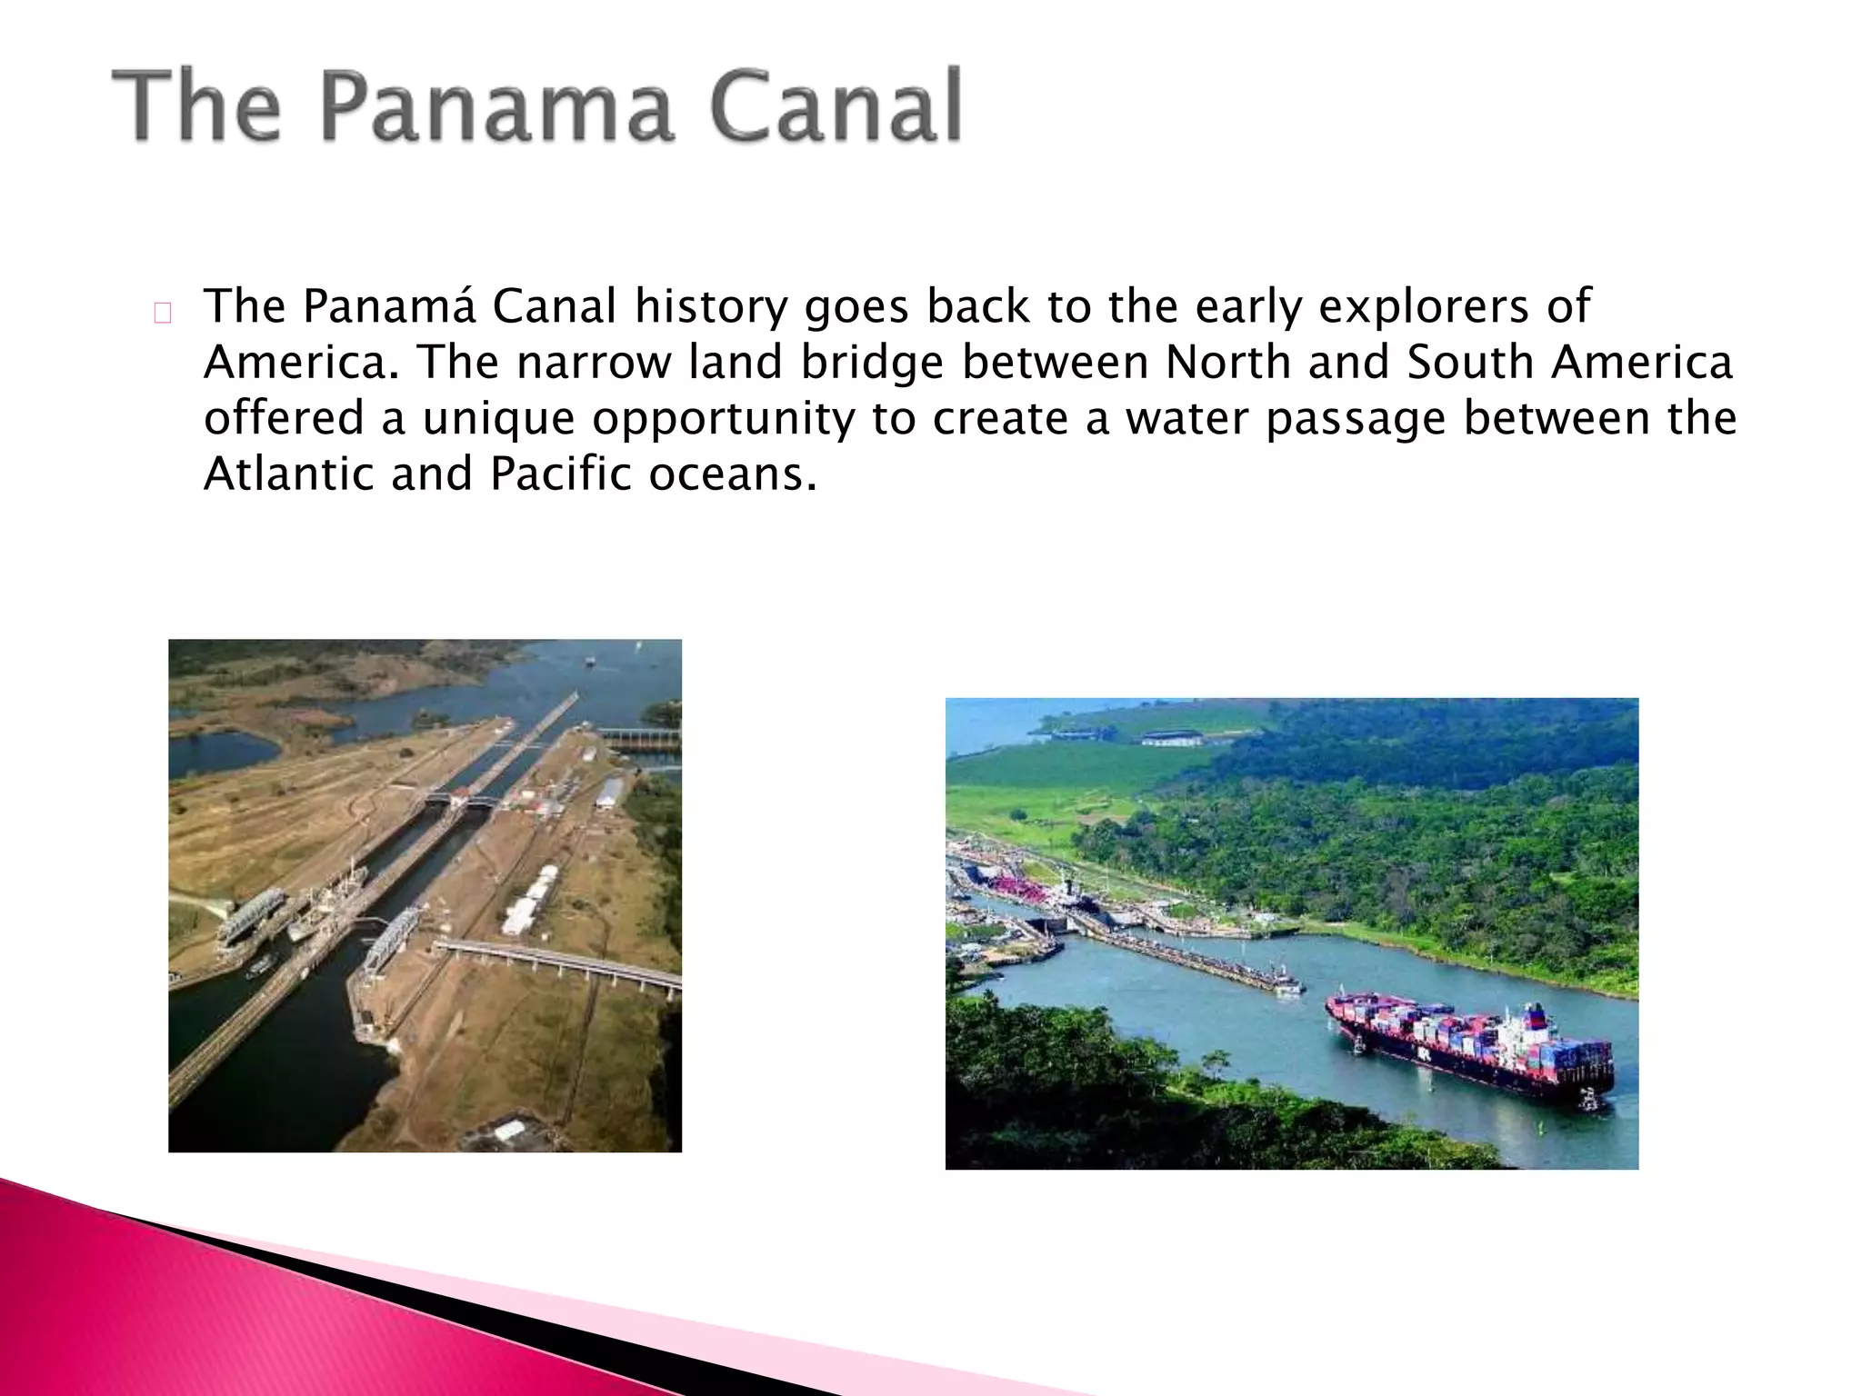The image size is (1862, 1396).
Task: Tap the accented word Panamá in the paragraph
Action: click(x=389, y=306)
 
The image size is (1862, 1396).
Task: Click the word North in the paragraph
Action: click(x=1228, y=363)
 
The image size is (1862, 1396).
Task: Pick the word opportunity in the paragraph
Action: click(x=724, y=420)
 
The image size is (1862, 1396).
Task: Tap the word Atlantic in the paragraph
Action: click(x=288, y=474)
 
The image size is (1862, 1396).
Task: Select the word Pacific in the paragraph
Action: click(x=560, y=474)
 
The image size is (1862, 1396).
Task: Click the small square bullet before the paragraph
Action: click(x=163, y=314)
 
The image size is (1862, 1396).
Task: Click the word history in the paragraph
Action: click(x=711, y=306)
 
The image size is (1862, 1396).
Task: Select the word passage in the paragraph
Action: click(x=1356, y=420)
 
